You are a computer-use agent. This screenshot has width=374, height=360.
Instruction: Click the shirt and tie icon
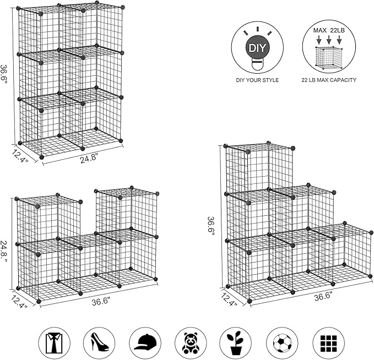(x=54, y=343)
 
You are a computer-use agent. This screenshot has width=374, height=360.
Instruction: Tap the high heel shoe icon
(x=100, y=343)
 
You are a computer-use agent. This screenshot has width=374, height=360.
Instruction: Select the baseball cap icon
(x=145, y=343)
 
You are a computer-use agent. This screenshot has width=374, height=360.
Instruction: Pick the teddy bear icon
(x=191, y=343)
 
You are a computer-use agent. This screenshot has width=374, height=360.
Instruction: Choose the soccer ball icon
(x=283, y=343)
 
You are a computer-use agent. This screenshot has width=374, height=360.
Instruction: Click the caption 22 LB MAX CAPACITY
(x=328, y=80)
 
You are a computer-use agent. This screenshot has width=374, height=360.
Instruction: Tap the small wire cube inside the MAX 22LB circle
(x=328, y=57)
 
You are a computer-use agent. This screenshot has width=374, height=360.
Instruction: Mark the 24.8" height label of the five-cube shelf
(x=6, y=252)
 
